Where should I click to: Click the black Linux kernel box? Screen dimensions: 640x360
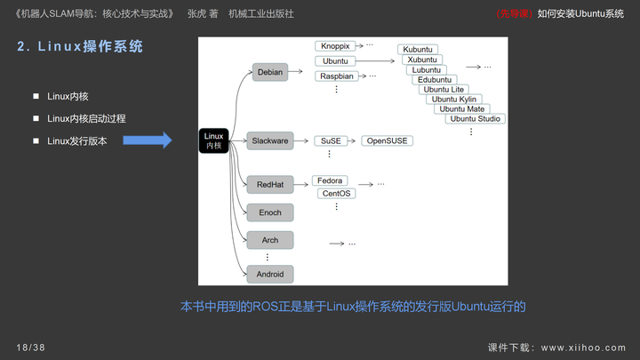(213, 140)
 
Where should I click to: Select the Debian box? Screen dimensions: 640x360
(270, 72)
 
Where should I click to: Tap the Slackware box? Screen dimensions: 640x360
(270, 140)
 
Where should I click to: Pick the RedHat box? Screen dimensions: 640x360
(270, 185)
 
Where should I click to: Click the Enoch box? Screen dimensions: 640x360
(270, 212)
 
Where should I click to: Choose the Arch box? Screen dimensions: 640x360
(270, 240)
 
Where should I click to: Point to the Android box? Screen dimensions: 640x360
(270, 275)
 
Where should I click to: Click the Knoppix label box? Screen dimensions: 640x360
(335, 46)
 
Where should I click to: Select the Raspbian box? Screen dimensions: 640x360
(337, 76)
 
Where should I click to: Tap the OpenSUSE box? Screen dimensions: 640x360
(387, 140)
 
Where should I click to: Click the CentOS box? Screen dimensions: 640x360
(336, 194)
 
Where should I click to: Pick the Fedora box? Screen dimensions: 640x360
(330, 180)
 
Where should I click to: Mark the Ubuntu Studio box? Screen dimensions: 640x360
(475, 119)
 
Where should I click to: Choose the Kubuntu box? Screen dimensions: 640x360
(418, 50)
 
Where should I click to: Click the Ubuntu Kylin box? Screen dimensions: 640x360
(454, 100)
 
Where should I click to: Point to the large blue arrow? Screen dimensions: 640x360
(148, 140)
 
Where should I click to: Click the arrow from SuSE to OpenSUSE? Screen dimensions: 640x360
(351, 140)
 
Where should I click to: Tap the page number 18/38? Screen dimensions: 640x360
(30, 348)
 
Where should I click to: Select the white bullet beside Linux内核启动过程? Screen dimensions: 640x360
(36, 118)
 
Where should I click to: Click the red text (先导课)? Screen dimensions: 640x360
(515, 14)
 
